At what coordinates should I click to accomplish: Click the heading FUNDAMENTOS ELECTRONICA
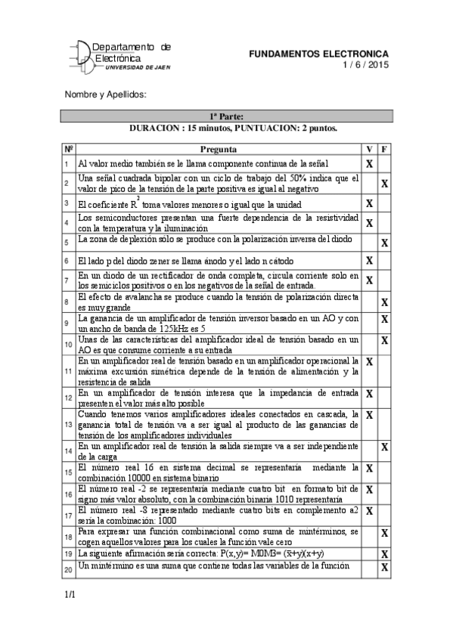click(x=318, y=54)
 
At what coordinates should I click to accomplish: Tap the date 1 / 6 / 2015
click(x=365, y=65)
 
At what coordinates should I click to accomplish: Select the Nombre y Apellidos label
click(x=104, y=94)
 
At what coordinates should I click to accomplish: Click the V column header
click(x=370, y=150)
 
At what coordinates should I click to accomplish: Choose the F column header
click(x=384, y=150)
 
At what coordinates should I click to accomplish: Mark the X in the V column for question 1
click(x=370, y=163)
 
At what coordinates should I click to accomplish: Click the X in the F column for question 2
click(x=384, y=183)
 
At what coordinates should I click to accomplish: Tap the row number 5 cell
click(x=67, y=242)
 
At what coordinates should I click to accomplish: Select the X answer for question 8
click(x=384, y=302)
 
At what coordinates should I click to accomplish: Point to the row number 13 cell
click(x=67, y=426)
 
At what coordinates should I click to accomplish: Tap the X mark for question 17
click(x=370, y=512)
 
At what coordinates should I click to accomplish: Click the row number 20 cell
click(x=67, y=568)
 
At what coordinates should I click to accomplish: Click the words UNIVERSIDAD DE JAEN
click(x=138, y=67)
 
